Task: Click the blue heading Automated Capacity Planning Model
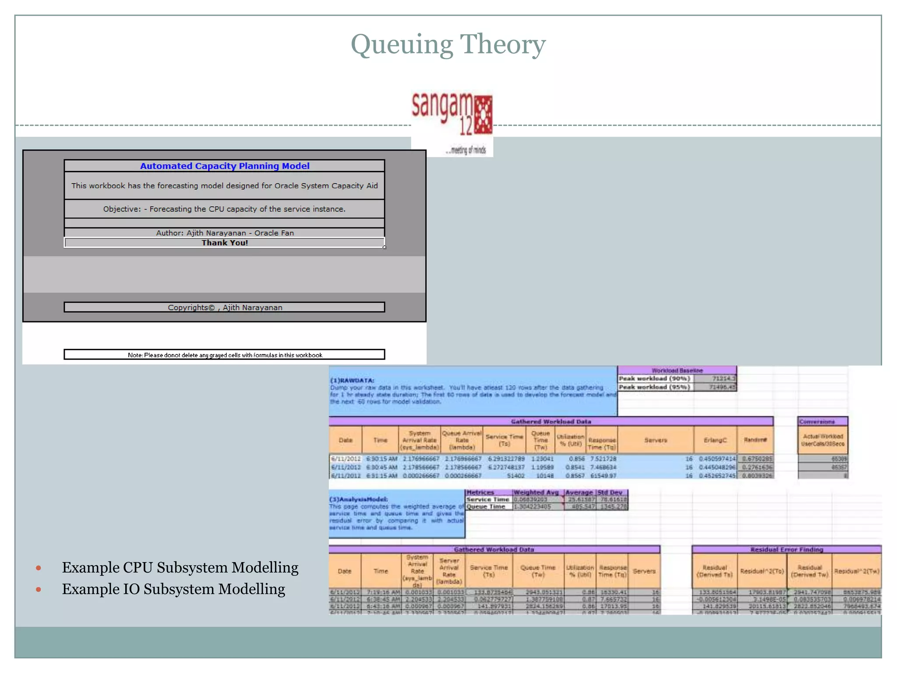pos(225,166)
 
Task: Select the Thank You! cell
pos(225,243)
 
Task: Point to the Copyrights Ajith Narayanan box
pos(225,307)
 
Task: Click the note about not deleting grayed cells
pos(225,355)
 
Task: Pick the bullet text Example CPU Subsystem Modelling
pos(180,567)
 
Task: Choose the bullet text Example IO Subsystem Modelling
pos(173,589)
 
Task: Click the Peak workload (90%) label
pos(654,379)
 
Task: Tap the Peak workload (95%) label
pos(654,387)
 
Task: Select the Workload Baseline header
pos(677,371)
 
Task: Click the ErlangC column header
pos(715,440)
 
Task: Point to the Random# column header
pos(755,440)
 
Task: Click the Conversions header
pos(817,422)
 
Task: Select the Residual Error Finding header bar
pos(787,549)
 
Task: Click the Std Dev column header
pos(612,492)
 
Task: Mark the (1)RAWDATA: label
pos(352,380)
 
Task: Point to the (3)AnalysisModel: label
pos(358,499)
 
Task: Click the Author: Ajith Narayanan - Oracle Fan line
pos(225,233)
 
